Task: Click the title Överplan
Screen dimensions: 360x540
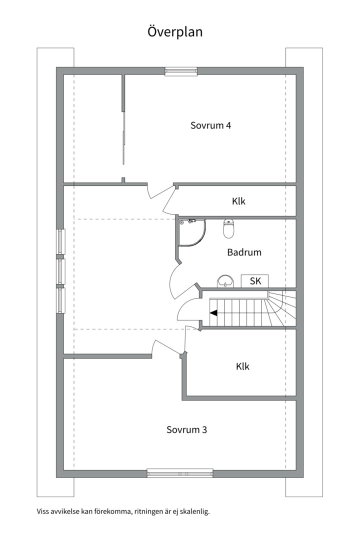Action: [x=175, y=32]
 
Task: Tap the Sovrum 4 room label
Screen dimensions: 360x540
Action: [x=211, y=125]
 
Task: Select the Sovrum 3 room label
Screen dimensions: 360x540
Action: [x=186, y=430]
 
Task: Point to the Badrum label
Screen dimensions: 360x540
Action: [x=244, y=252]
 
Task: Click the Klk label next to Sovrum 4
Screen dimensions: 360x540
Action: [x=238, y=201]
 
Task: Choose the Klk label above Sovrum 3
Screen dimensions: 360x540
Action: [x=243, y=366]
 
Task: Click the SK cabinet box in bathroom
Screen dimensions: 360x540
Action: [x=255, y=281]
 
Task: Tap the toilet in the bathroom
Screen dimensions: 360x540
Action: [x=228, y=228]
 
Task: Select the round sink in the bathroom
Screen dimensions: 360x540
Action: [x=225, y=281]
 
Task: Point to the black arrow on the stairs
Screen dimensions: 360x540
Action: [x=213, y=312]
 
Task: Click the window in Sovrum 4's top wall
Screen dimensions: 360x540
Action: [x=181, y=71]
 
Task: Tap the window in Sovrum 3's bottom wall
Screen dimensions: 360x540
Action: [x=180, y=473]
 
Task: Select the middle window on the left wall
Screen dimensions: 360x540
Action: [x=61, y=271]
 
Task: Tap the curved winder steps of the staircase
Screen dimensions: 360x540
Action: [x=282, y=308]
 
